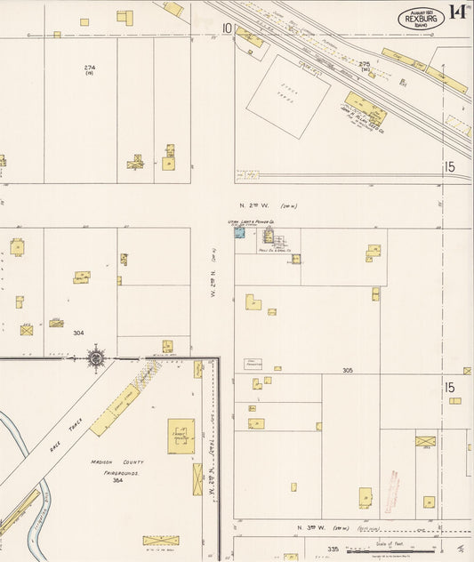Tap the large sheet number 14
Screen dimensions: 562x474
[458, 12]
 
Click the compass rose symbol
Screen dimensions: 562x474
[96, 358]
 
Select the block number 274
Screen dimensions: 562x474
[90, 67]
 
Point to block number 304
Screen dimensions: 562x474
[78, 333]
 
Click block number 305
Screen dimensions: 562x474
[347, 369]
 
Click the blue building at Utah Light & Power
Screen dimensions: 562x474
[239, 233]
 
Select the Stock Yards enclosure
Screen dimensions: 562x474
[288, 96]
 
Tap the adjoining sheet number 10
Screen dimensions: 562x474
[227, 28]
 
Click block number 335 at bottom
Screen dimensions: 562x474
[333, 549]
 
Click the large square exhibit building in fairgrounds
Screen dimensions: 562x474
[181, 437]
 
